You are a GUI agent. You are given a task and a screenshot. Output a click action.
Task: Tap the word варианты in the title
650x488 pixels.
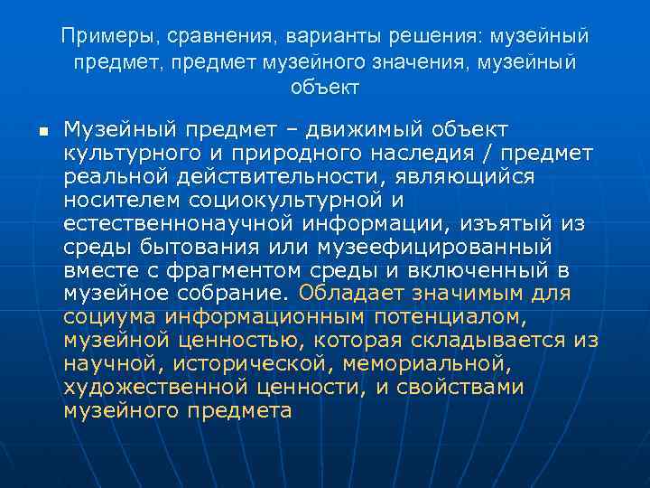pos(329,37)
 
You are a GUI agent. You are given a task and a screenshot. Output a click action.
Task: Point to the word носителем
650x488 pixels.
pos(121,198)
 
